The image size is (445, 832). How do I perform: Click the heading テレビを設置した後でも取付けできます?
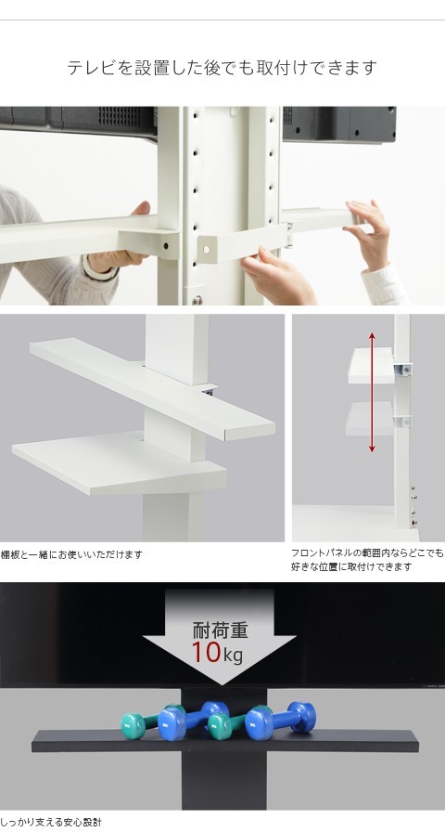click(x=222, y=68)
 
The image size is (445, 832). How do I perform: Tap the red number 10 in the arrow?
click(x=206, y=652)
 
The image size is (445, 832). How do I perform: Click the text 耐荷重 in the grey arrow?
click(x=220, y=630)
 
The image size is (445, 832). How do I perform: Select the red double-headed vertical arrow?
click(x=372, y=392)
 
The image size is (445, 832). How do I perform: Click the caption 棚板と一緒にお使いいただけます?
click(x=71, y=554)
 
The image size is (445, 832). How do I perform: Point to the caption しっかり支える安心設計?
click(x=51, y=823)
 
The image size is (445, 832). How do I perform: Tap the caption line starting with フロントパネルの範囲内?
click(x=367, y=552)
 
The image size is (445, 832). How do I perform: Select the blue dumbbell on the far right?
click(x=280, y=720)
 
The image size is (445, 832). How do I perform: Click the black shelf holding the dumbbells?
click(x=224, y=741)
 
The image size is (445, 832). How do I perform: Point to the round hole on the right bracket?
click(x=206, y=249)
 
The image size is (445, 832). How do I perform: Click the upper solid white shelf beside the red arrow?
click(x=371, y=366)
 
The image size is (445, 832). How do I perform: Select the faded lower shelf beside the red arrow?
click(x=370, y=419)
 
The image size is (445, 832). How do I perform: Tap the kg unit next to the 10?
click(x=233, y=656)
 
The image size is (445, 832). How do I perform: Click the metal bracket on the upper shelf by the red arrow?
click(x=403, y=369)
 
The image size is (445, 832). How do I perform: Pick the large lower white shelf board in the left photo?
click(x=120, y=463)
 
